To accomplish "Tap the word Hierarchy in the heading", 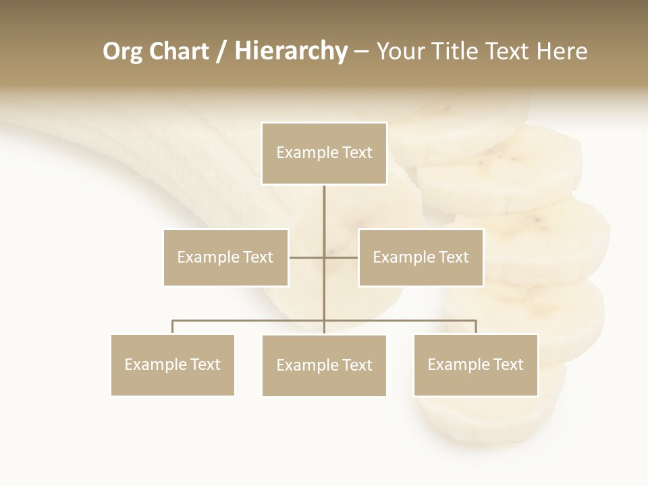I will [291, 51].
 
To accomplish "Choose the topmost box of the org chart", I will [324, 153].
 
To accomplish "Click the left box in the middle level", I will [225, 257].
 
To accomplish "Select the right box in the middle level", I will [421, 257].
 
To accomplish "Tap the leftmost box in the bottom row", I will [173, 364].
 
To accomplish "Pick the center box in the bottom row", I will [324, 365].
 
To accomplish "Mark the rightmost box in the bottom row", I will [476, 364].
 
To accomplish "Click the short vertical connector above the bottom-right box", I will [476, 327].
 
